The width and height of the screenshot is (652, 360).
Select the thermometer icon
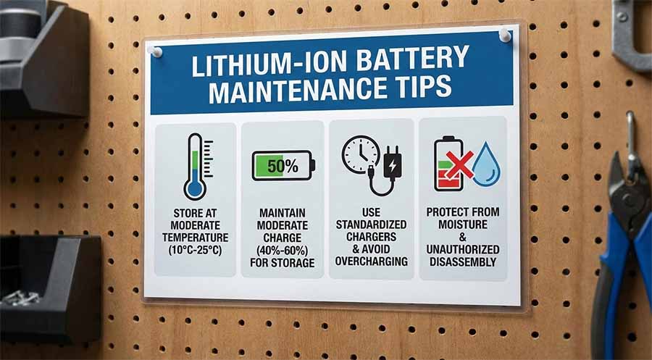click(x=195, y=166)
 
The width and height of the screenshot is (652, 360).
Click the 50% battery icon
click(x=282, y=166)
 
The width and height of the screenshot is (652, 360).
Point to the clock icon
click(x=360, y=154)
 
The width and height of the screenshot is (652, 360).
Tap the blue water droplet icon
click(x=485, y=166)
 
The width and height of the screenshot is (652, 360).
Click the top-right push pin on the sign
click(x=505, y=35)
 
